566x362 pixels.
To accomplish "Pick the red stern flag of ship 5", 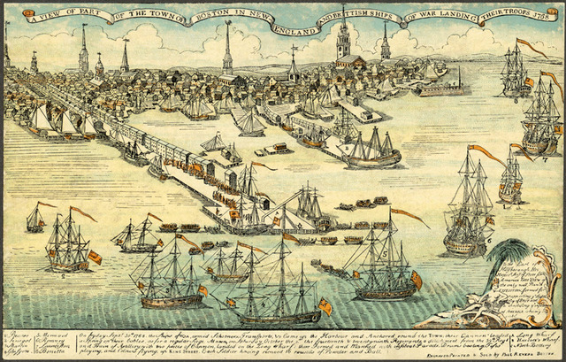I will [x=416, y=280].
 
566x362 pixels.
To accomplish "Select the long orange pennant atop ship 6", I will [x=486, y=154].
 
